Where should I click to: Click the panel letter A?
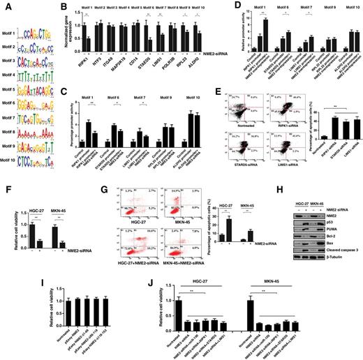tap(4, 4)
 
